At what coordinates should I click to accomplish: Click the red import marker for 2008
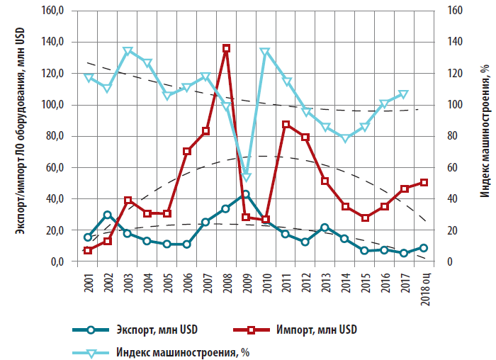[226, 48]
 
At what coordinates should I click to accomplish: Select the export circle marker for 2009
[246, 193]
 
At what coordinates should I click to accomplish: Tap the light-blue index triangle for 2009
[246, 177]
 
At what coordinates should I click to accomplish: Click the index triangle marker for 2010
[265, 52]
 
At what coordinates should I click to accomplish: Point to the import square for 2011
[286, 124]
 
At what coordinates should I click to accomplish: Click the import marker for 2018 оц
[424, 182]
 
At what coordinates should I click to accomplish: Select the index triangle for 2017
[404, 94]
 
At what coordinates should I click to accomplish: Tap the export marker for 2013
[325, 227]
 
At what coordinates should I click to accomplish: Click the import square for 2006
[186, 151]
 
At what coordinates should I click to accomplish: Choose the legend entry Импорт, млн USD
[311, 330]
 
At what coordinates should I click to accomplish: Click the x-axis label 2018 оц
[424, 287]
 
